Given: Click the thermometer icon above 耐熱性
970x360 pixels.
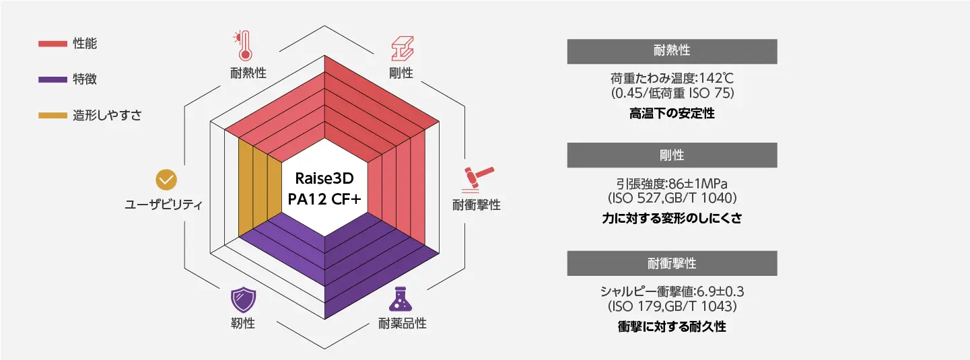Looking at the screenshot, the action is click(243, 46).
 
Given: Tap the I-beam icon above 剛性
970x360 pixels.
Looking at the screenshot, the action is click(403, 48).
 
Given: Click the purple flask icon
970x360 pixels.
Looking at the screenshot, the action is click(401, 299).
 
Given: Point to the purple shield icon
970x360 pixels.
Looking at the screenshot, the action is click(243, 300).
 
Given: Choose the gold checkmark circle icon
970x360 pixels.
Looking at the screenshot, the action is click(166, 180).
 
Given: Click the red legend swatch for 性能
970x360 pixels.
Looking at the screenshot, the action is click(53, 44).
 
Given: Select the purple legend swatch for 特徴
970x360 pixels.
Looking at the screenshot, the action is click(53, 79).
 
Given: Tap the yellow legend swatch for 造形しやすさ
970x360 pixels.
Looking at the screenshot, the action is click(53, 116).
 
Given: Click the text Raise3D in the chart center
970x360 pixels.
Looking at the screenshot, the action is click(324, 178).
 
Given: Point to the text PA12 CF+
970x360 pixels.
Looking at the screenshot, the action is click(324, 199).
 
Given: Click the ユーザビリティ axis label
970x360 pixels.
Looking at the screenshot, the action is click(164, 205).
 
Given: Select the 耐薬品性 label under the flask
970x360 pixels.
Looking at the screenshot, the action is click(403, 323).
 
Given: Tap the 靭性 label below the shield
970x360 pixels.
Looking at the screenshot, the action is click(243, 323).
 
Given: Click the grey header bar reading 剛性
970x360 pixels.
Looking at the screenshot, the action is click(672, 155).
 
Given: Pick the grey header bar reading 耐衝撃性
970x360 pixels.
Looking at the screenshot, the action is click(672, 263).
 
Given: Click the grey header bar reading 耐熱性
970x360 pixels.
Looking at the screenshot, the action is click(672, 52).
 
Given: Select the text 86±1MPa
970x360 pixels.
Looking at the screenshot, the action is click(698, 184).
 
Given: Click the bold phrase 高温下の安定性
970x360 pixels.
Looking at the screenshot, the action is click(672, 113).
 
